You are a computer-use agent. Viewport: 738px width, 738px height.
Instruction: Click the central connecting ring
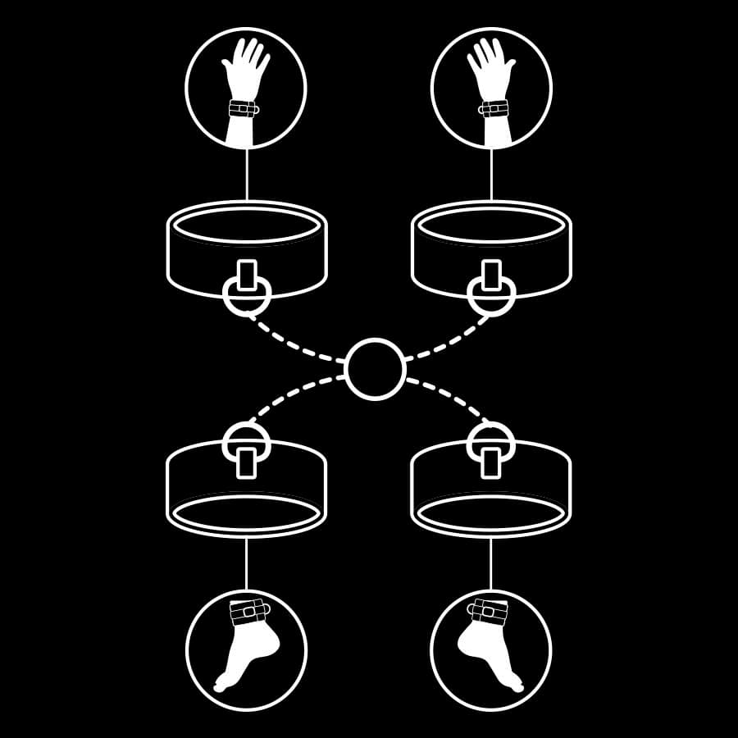(375, 369)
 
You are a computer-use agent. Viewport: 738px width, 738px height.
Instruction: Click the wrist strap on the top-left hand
(242, 109)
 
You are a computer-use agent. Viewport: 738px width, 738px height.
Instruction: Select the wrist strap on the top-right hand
(494, 109)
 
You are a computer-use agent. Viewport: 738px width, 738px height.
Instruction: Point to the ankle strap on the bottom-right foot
(490, 612)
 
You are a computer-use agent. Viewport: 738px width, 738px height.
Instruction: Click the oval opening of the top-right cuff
(491, 225)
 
